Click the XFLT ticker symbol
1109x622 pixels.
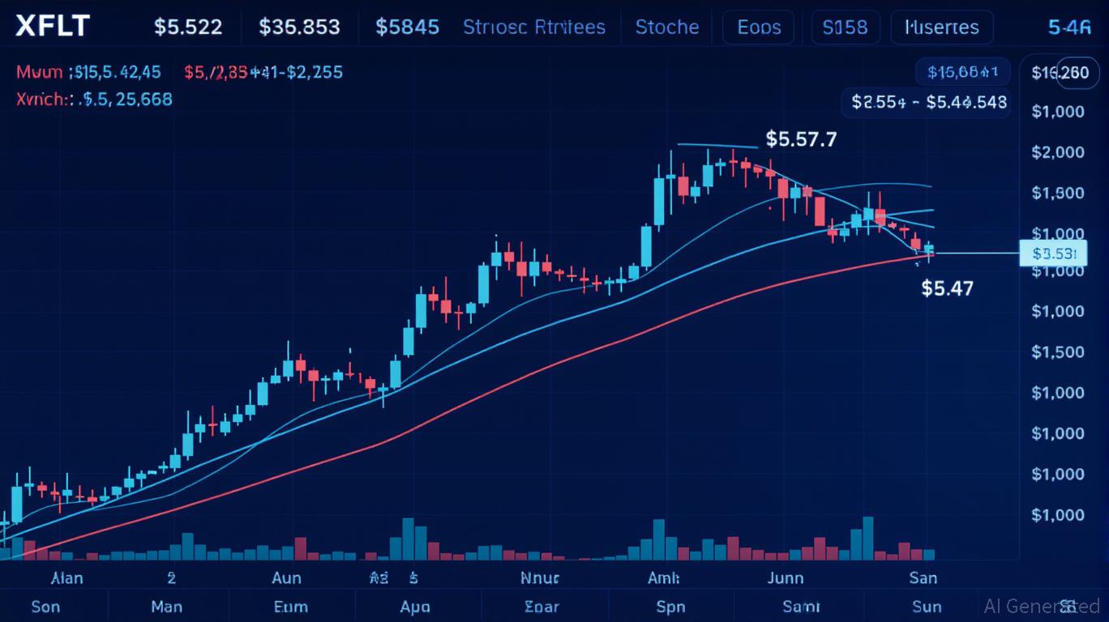coord(52,26)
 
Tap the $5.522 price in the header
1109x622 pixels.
coord(188,27)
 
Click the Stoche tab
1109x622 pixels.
coord(666,27)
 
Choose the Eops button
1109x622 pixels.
coord(759,27)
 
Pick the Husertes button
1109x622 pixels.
coord(940,27)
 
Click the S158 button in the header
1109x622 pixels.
coord(845,27)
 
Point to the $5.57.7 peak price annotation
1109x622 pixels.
coord(801,139)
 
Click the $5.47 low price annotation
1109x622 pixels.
coord(948,288)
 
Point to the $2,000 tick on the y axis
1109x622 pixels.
coord(1058,152)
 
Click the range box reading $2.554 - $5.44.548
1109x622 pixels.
coord(929,102)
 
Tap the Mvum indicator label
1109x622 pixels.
coord(39,72)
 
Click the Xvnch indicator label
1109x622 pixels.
coord(41,100)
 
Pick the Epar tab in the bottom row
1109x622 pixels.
coord(542,606)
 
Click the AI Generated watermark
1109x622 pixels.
coord(1030,605)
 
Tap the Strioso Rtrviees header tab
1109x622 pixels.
coord(533,27)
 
